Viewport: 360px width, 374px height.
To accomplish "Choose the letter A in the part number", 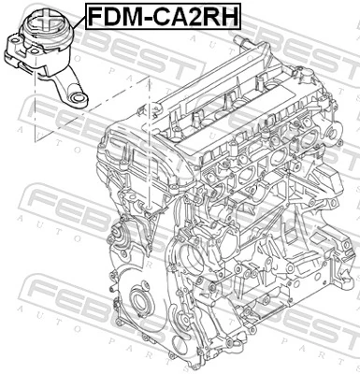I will pos(178,16).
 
